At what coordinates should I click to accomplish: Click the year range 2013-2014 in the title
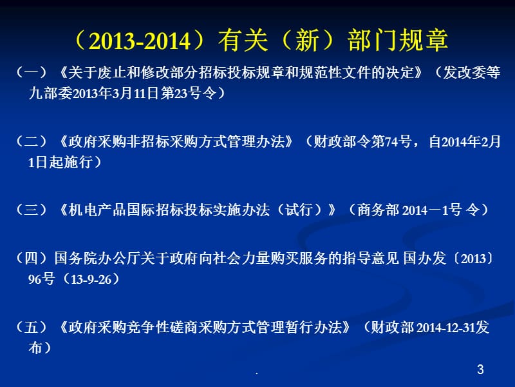[x=140, y=41]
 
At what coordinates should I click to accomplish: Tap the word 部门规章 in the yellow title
[x=398, y=40]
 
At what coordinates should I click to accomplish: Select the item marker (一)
[x=31, y=72]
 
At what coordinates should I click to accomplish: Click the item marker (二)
[x=31, y=141]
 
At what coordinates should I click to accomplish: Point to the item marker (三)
[x=31, y=210]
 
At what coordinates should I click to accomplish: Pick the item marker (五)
[x=31, y=327]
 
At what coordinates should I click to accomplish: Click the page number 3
[x=480, y=369]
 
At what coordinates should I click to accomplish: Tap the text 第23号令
[x=189, y=93]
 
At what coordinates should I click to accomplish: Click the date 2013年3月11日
[x=115, y=93]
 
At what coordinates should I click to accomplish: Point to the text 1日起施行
[x=60, y=163]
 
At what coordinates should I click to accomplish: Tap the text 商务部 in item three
[x=378, y=210]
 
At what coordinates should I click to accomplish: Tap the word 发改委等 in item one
[x=472, y=72]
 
